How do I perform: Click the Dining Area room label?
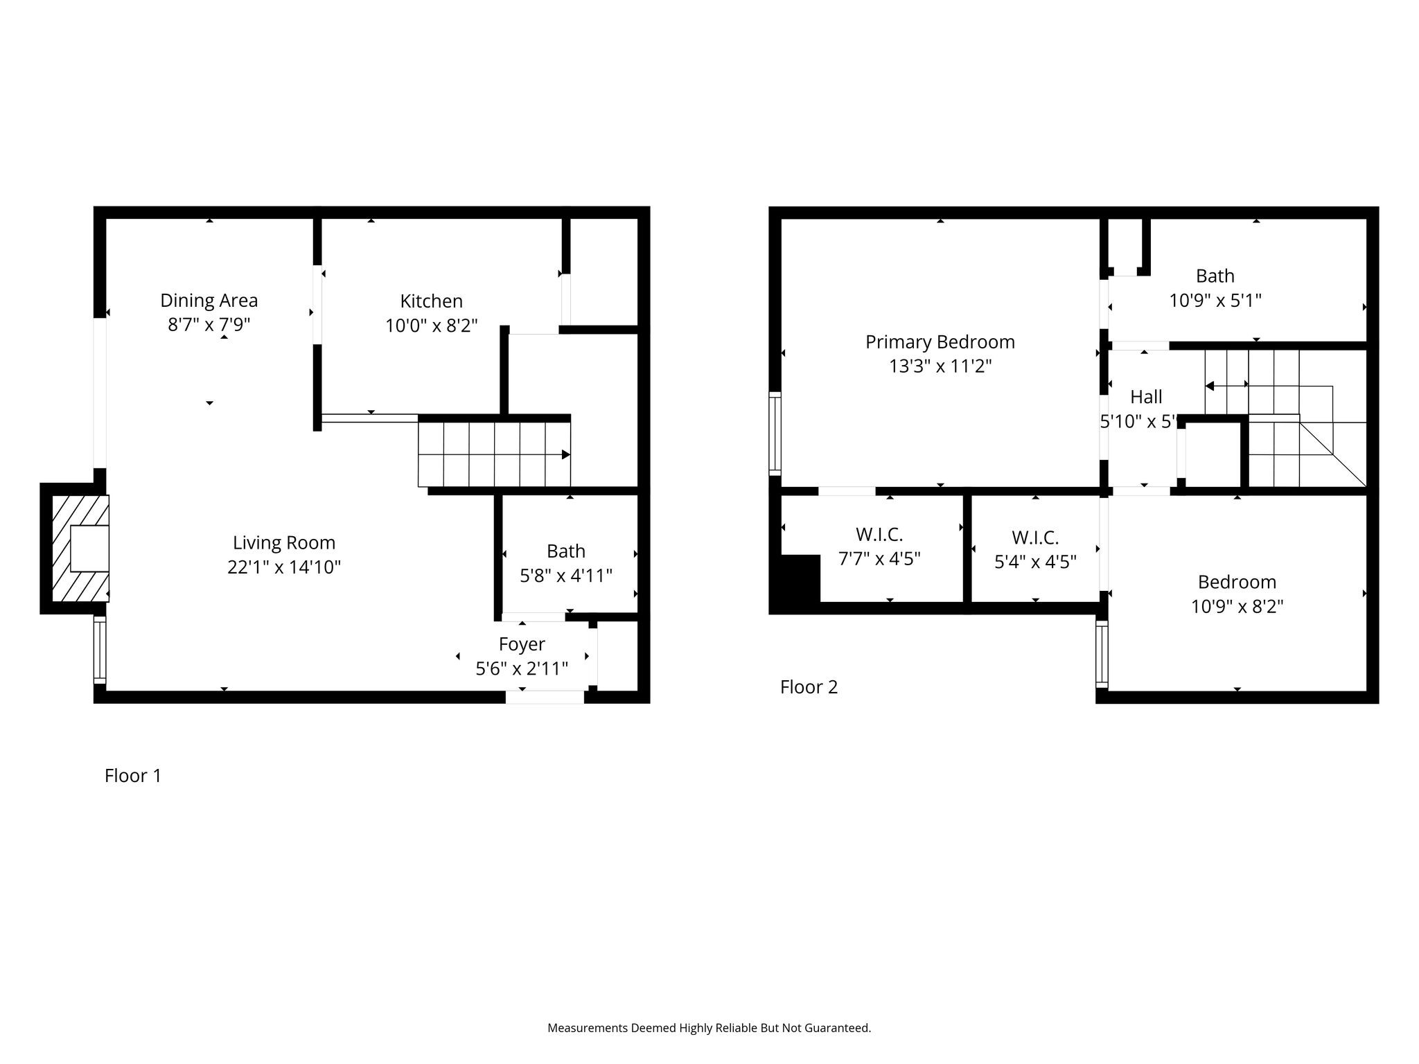pyautogui.click(x=209, y=300)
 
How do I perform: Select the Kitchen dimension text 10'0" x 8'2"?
pyautogui.click(x=431, y=326)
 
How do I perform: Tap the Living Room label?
pyautogui.click(x=283, y=542)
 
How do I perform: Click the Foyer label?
pyautogui.click(x=522, y=644)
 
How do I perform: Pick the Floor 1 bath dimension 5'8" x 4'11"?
pyautogui.click(x=566, y=576)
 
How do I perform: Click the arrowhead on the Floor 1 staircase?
pyautogui.click(x=565, y=454)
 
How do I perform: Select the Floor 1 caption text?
pyautogui.click(x=132, y=776)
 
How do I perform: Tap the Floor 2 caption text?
pyautogui.click(x=809, y=687)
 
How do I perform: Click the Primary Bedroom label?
pyautogui.click(x=940, y=342)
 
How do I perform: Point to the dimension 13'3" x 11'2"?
pyautogui.click(x=940, y=366)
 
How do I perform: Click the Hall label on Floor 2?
pyautogui.click(x=1146, y=397)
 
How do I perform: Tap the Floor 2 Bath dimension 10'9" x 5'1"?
pyautogui.click(x=1215, y=301)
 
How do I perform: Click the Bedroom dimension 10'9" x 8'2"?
pyautogui.click(x=1237, y=607)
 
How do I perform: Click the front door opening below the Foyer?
pyautogui.click(x=545, y=697)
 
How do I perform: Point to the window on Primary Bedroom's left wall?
pyautogui.click(x=775, y=433)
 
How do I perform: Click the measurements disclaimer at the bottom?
pyautogui.click(x=709, y=1028)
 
